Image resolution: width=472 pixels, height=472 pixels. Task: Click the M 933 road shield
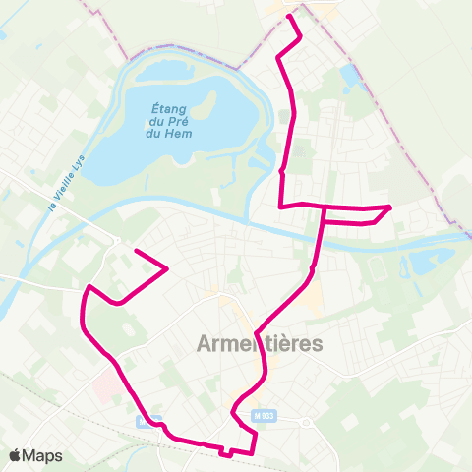pos(261,416)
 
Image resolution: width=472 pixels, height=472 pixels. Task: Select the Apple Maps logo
pos(35,455)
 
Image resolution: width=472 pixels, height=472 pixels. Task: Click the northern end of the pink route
pos(288,17)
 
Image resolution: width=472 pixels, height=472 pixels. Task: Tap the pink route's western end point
pos(135,253)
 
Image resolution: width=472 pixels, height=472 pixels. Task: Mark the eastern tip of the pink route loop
pos(391,206)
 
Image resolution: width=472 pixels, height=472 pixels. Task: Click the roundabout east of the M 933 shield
pos(306,423)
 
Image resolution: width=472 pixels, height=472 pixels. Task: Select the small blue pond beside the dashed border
pos(349,75)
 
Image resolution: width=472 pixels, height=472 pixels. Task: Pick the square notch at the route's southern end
pos(228,452)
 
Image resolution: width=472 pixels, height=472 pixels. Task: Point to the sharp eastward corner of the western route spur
pos(168,267)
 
